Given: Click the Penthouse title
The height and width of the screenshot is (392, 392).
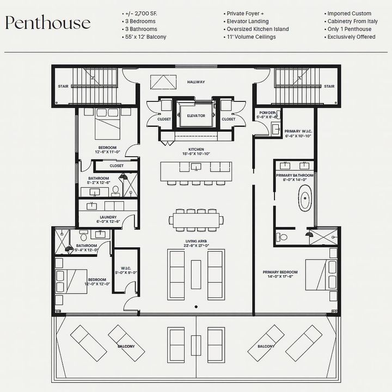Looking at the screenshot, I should (x=48, y=23).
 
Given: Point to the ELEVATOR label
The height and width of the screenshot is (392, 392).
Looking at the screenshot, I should (x=196, y=116).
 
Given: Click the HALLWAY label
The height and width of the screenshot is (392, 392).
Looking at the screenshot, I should (x=196, y=82).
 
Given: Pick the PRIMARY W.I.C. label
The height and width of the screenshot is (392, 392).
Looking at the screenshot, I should (x=298, y=133).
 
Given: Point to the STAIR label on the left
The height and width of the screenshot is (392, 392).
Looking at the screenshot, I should (x=63, y=86).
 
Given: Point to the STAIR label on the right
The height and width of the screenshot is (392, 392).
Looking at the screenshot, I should (x=329, y=86).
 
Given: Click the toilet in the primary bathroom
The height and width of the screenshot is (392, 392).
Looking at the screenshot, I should (x=281, y=237).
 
